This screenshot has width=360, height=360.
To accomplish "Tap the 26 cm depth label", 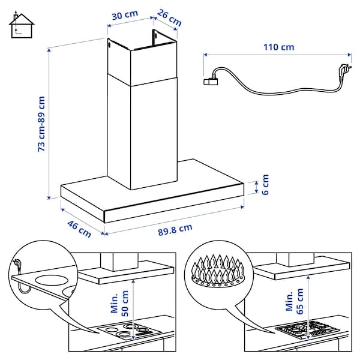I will pos(170,17).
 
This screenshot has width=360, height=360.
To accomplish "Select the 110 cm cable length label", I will pos(279,46).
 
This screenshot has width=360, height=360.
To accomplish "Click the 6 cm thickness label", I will pos(265,184).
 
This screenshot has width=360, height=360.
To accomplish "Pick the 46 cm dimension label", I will pos(79,228).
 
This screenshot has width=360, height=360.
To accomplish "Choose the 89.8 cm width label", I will pos(175,228).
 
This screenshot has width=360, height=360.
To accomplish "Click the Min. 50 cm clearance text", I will pos(120,305).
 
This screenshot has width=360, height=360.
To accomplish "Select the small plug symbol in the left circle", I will pos(19,263).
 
